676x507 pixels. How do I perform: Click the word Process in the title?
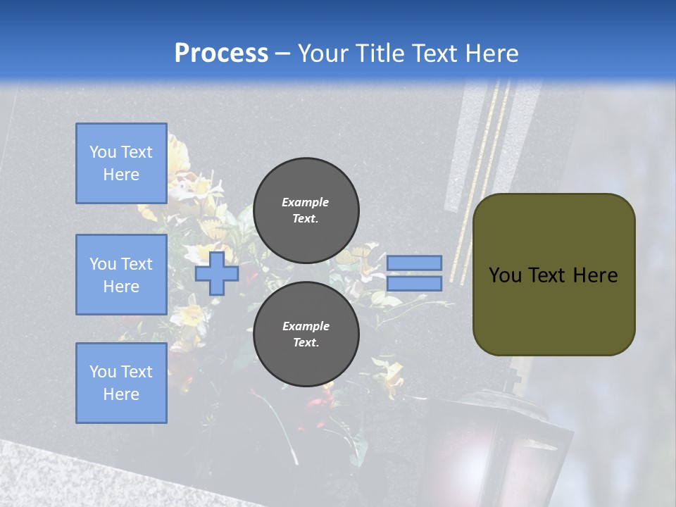coord(221,54)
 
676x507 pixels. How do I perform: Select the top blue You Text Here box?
coord(121,163)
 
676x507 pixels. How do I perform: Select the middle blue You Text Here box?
coord(121,275)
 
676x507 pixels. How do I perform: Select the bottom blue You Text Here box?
coord(121,382)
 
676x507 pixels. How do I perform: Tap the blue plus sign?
coord(216,274)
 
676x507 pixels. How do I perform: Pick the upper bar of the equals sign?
coord(414,263)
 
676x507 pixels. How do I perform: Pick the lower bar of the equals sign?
coord(414,283)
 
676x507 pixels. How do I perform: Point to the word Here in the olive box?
coord(595,275)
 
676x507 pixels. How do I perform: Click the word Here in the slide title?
coord(491,54)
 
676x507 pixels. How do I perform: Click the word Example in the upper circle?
coord(306,202)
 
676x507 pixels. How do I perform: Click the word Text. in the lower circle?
coord(306,343)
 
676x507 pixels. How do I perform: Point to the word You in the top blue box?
coord(102,152)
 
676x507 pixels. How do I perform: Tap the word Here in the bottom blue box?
coord(121,394)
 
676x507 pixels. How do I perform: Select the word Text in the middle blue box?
coord(136,264)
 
